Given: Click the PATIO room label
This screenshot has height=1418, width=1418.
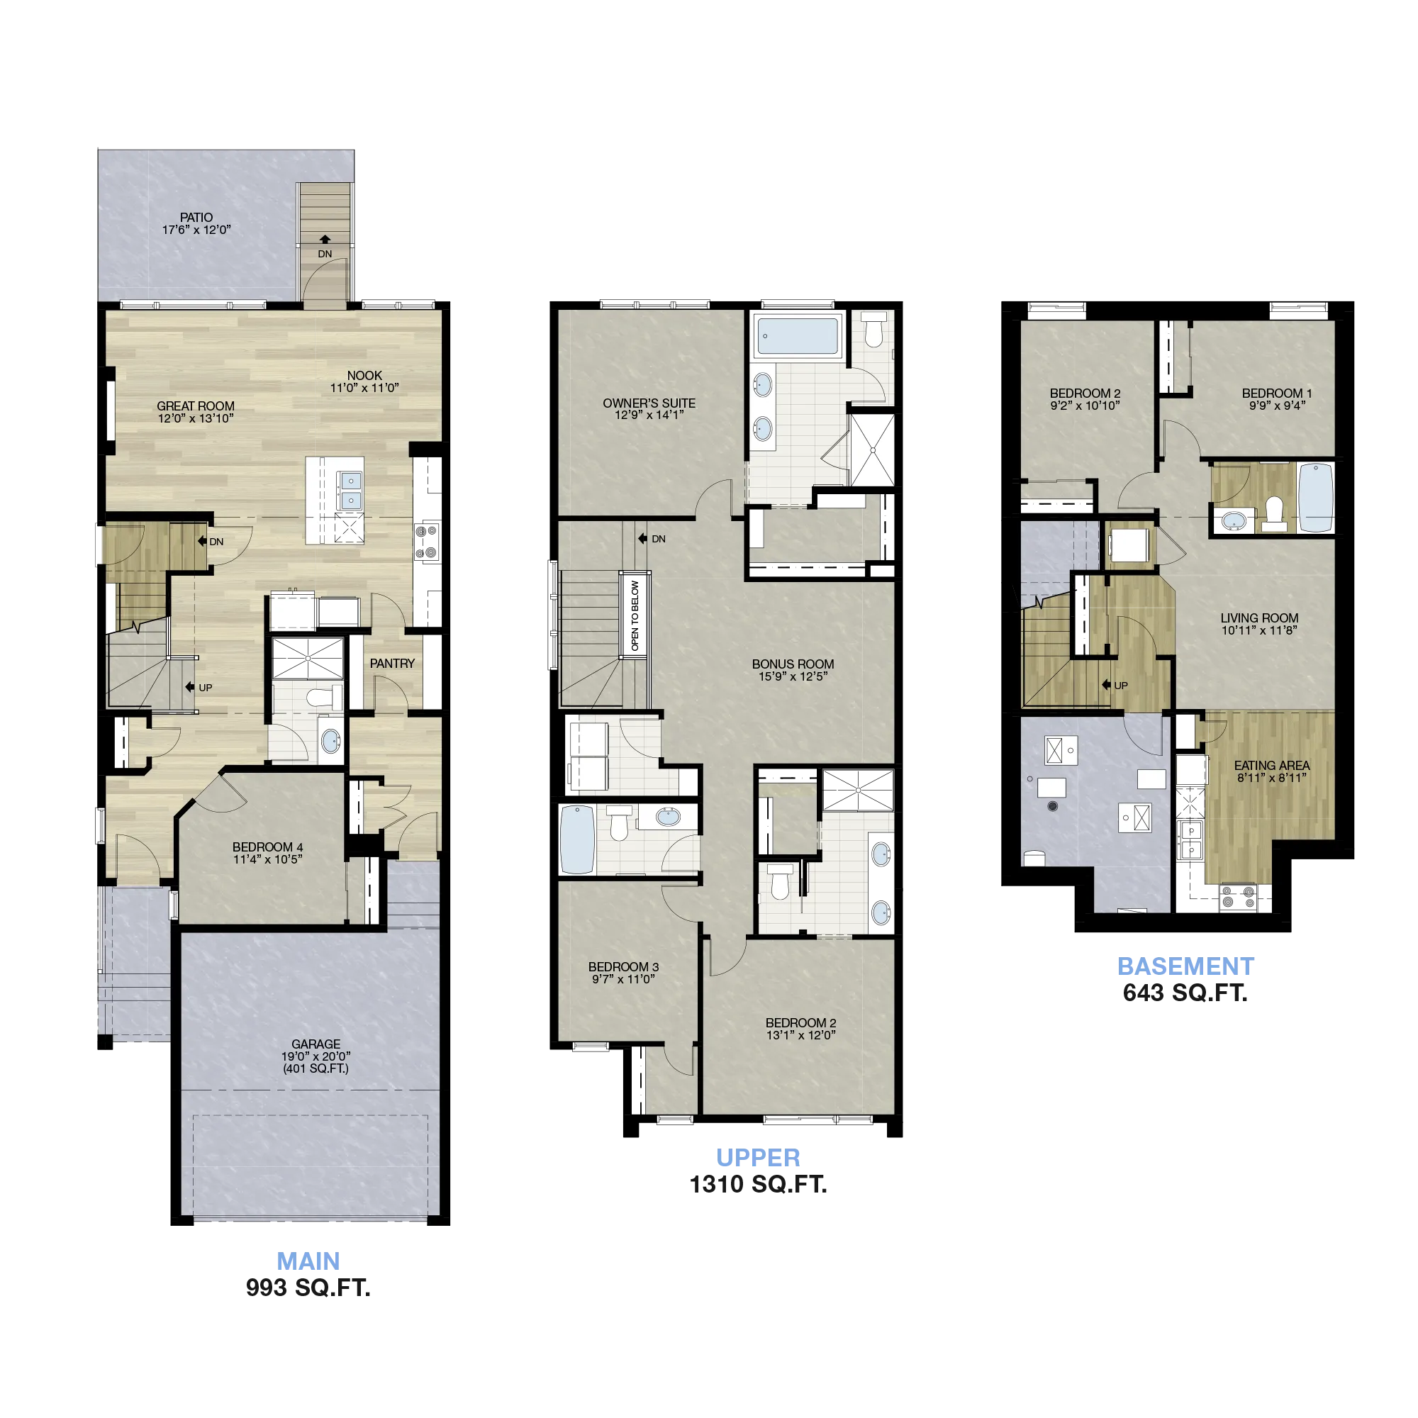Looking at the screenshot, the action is pyautogui.click(x=196, y=217).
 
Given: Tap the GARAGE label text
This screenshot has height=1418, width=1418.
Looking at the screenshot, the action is pyautogui.click(x=316, y=1044).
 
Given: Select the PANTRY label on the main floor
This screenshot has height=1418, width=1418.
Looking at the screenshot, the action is pyautogui.click(x=392, y=664).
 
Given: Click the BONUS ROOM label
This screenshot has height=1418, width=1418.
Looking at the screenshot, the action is pyautogui.click(x=793, y=664).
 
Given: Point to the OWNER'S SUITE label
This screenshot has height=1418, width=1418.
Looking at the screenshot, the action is pyautogui.click(x=649, y=403).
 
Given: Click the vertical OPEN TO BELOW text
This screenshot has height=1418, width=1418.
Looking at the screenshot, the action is pyautogui.click(x=635, y=615).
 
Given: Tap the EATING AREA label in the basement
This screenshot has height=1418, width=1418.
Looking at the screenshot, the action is pyautogui.click(x=1272, y=766).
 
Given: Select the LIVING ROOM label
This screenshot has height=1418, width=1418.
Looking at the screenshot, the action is pyautogui.click(x=1259, y=618).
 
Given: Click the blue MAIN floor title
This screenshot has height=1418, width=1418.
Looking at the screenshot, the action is pyautogui.click(x=308, y=1261).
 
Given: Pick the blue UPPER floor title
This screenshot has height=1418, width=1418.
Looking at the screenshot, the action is pyautogui.click(x=758, y=1158).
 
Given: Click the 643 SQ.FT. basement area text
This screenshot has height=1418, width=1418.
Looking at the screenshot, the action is pyautogui.click(x=1185, y=993).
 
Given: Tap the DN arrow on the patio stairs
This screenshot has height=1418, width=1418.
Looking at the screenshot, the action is pyautogui.click(x=325, y=239).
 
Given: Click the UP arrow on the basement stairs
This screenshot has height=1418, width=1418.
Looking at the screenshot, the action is pyautogui.click(x=1106, y=685).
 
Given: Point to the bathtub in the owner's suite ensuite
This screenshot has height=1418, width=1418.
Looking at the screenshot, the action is pyautogui.click(x=797, y=336).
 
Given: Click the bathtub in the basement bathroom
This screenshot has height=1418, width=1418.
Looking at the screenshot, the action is pyautogui.click(x=1316, y=498).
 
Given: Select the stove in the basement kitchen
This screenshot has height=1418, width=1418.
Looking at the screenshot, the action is pyautogui.click(x=1238, y=898).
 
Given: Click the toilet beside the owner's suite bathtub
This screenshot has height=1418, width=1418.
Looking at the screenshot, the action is pyautogui.click(x=873, y=330).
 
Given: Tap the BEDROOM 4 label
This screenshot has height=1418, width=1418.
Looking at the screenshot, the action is pyautogui.click(x=267, y=847).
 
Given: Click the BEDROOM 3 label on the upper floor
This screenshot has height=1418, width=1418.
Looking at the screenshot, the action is pyautogui.click(x=623, y=966).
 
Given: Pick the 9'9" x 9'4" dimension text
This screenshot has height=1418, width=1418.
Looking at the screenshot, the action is pyautogui.click(x=1277, y=405).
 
